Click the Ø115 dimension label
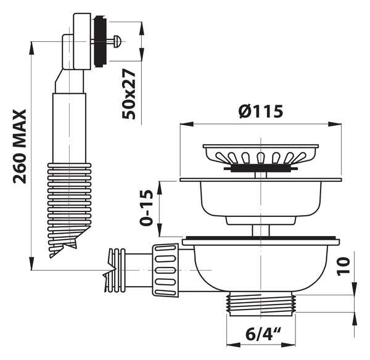click(x=260, y=112)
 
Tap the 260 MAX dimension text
click(x=20, y=147)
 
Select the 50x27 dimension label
click(x=129, y=94)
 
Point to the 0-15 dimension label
click(x=147, y=208)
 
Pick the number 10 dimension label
click(x=343, y=267)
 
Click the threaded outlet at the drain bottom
click(x=261, y=303)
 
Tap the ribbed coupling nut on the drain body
click(x=165, y=270)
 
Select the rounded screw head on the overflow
click(x=117, y=41)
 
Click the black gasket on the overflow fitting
click(x=101, y=41)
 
